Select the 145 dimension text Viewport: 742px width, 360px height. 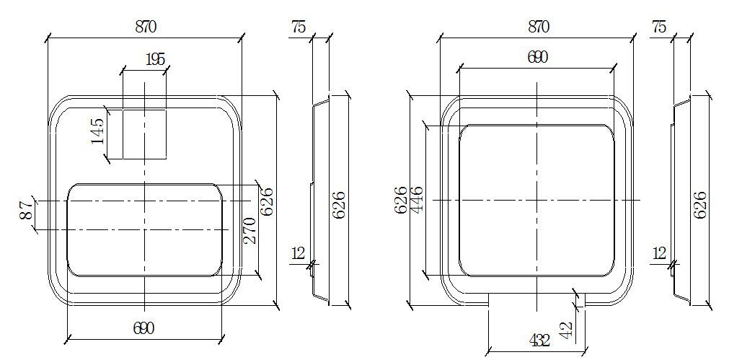[x=97, y=131]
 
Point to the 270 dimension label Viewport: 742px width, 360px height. [x=250, y=230]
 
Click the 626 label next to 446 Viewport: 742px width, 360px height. [x=400, y=200]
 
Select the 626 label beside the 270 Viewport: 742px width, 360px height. [x=266, y=202]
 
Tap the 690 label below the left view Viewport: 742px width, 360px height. [x=143, y=328]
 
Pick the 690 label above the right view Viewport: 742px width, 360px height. [x=537, y=58]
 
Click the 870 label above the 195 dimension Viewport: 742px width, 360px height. [x=146, y=27]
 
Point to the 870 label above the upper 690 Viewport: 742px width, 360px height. [x=538, y=27]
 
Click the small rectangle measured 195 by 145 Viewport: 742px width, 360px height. [x=144, y=134]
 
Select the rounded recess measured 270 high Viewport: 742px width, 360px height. [x=145, y=229]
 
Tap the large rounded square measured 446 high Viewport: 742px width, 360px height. [x=537, y=200]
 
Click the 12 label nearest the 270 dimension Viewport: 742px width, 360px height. [x=298, y=253]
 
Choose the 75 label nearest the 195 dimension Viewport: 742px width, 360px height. [x=298, y=27]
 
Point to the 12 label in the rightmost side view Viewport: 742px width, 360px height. [x=658, y=253]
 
